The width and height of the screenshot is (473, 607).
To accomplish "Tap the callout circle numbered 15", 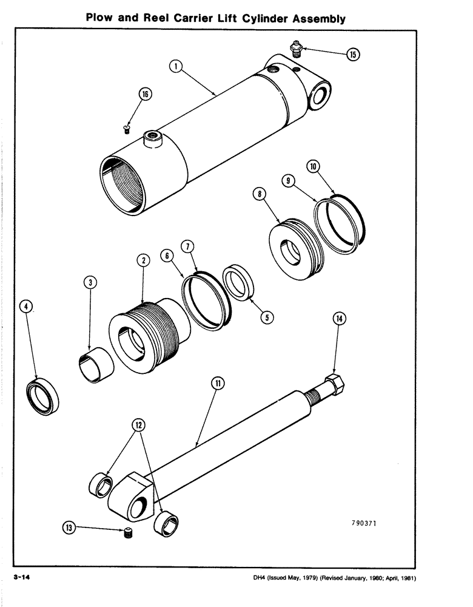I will tap(353, 55).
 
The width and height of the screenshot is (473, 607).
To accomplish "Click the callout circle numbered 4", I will tap(26, 307).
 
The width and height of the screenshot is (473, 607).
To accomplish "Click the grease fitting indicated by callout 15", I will tap(296, 48).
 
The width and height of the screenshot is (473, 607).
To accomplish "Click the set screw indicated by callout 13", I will tap(128, 534).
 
